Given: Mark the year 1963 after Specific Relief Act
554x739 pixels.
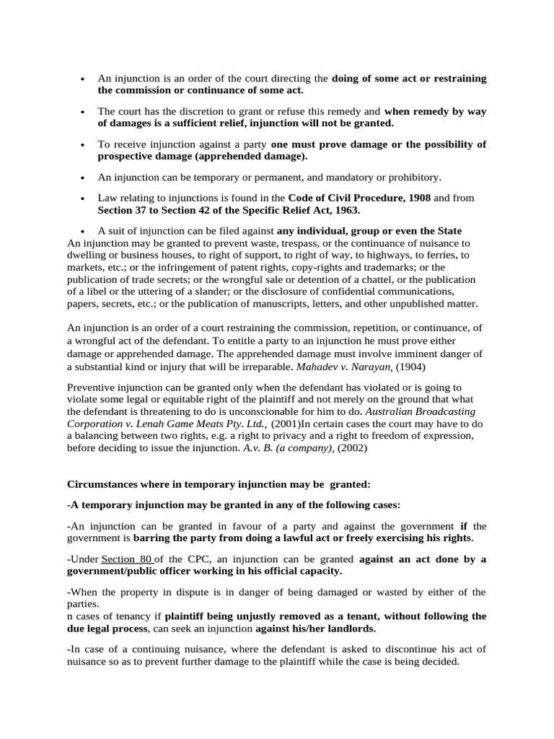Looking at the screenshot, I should (x=343, y=210).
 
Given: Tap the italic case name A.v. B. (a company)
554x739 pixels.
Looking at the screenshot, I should (x=287, y=447).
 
